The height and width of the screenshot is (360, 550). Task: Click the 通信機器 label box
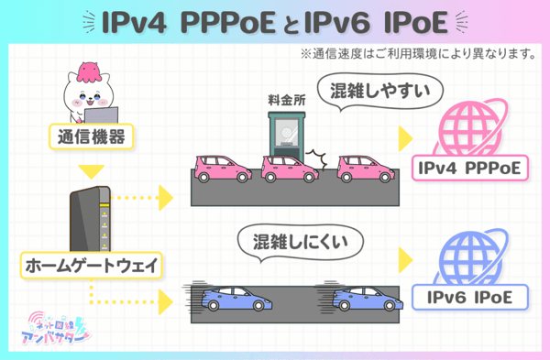[91, 136]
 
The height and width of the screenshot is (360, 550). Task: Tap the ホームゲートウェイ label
[91, 266]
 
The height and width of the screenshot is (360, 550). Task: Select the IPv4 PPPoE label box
[469, 168]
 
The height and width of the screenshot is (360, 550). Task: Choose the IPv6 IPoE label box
[469, 298]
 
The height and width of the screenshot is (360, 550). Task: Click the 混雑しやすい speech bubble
[379, 91]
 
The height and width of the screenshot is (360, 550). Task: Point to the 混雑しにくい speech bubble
[301, 242]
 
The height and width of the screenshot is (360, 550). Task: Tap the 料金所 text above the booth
[287, 100]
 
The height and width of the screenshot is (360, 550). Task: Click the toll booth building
[287, 138]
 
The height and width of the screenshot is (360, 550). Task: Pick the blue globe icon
[470, 258]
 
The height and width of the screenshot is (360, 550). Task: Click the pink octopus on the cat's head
[89, 71]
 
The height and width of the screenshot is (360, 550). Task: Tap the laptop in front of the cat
[102, 115]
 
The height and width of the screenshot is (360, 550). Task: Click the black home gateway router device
[90, 219]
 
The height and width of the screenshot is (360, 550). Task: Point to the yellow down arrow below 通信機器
[91, 171]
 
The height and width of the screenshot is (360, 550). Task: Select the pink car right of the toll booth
[366, 169]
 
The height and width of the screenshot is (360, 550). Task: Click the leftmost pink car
[223, 169]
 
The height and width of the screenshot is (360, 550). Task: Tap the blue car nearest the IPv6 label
[368, 299]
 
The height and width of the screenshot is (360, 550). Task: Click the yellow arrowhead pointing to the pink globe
[405, 139]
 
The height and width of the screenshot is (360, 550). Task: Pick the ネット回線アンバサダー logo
[55, 329]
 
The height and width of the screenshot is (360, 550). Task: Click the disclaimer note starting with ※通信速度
[418, 54]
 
